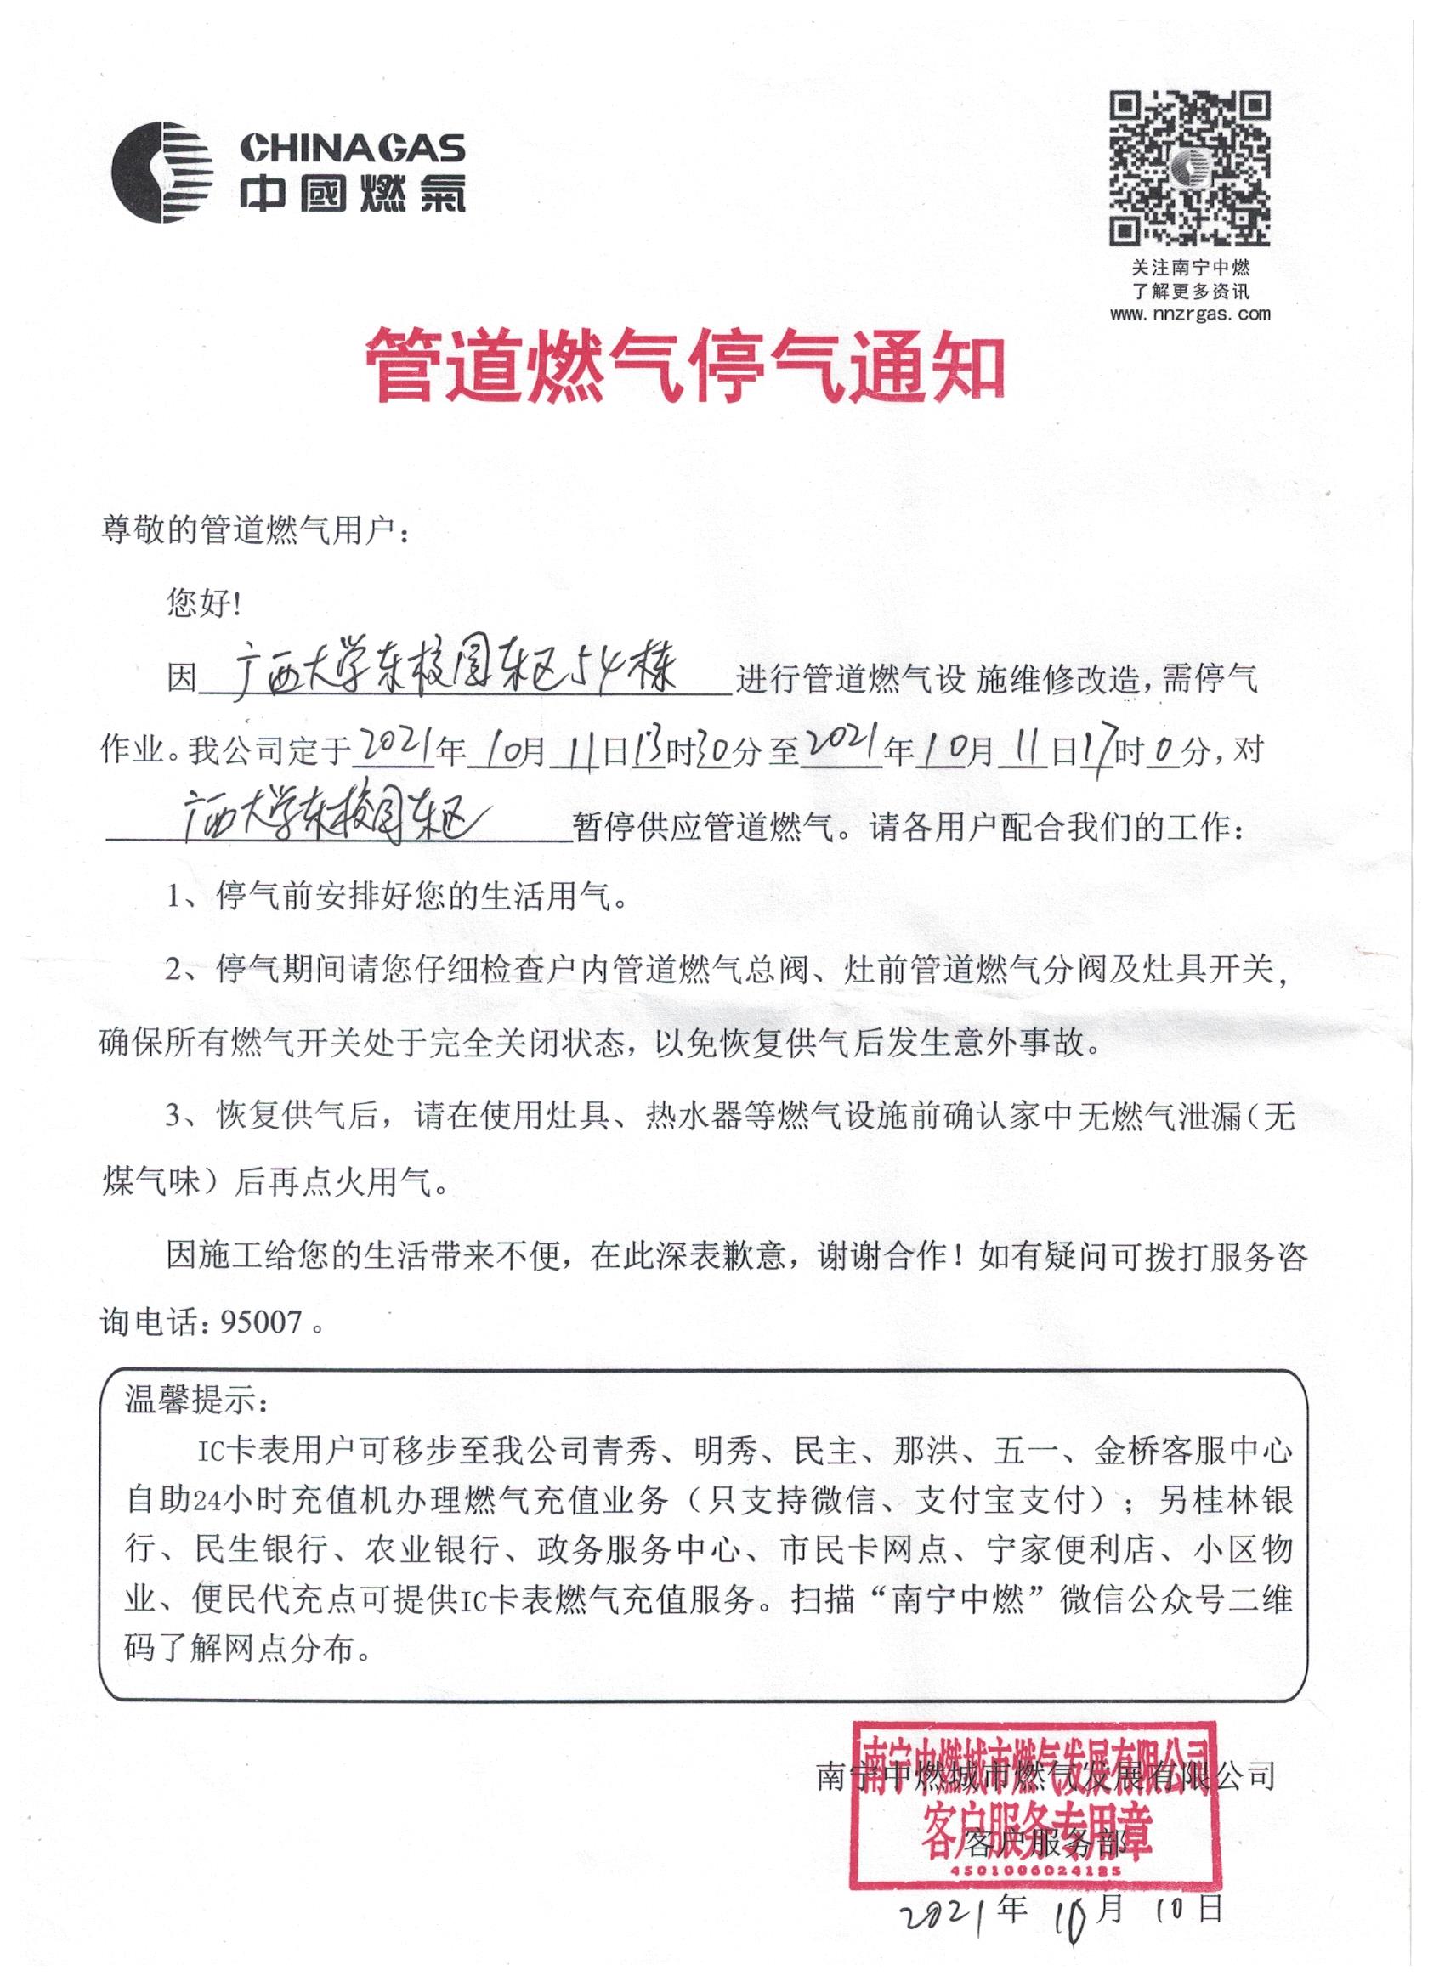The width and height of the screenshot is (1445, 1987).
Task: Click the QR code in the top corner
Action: (x=1190, y=168)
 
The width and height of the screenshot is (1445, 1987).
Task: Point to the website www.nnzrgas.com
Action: (x=1190, y=314)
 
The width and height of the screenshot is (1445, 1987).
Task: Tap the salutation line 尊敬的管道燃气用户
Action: (x=255, y=531)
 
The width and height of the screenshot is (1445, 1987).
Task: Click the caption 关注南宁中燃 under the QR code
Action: (x=1190, y=268)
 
